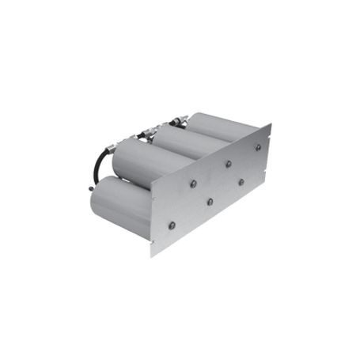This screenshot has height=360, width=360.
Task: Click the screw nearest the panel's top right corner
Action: tap(258, 146)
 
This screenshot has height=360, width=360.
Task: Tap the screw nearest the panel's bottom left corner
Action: tap(172, 225)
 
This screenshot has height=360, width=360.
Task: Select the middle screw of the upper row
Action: tap(228, 164)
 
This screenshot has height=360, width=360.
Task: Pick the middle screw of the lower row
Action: tap(210, 201)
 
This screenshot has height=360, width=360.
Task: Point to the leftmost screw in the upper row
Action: tap(193, 184)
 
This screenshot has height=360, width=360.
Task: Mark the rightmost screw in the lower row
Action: tap(241, 181)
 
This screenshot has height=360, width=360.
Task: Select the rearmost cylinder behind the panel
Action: tap(214, 127)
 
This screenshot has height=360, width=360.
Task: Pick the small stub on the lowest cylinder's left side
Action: tap(89, 189)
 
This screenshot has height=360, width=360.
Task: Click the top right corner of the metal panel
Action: tap(270, 124)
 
